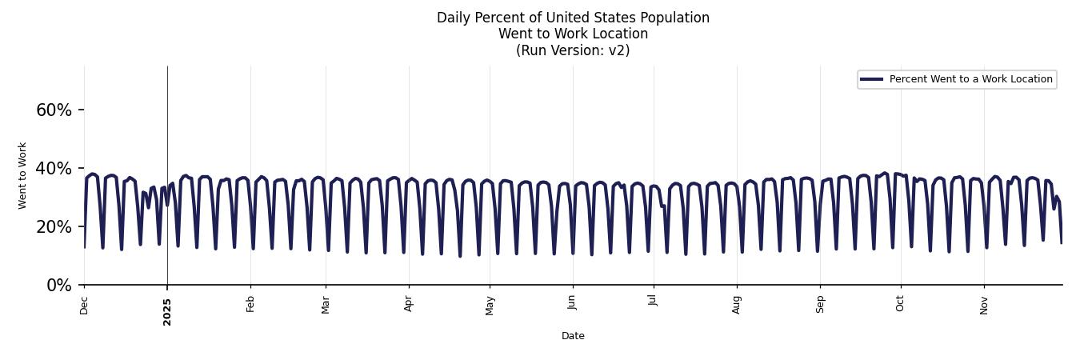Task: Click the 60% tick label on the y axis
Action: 54,110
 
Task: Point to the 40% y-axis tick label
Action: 54,169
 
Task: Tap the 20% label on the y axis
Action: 54,227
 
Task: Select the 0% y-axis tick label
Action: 59,286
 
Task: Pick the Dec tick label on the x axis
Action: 84,305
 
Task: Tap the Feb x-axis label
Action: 250,304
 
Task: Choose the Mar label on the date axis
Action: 326,305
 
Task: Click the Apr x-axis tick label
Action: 409,304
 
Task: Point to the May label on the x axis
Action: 490,306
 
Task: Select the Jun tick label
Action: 572,304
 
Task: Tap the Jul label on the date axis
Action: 654,302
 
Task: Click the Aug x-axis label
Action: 737,305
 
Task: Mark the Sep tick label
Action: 820,304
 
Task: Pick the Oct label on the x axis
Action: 901,304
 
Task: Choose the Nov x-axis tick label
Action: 984,305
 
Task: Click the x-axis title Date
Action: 573,336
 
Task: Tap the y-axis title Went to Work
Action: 22,175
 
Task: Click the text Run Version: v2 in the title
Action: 573,50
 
